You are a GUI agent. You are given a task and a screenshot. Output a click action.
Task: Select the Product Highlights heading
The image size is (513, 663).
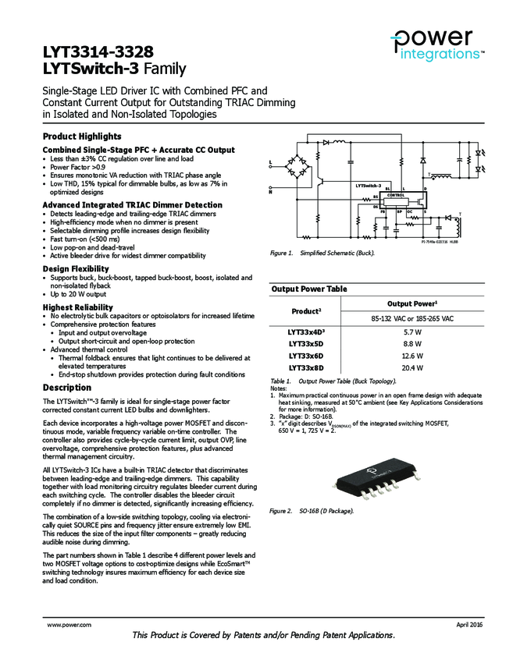[x=81, y=136]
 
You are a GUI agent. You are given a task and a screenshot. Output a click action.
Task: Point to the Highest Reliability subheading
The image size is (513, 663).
[x=77, y=307]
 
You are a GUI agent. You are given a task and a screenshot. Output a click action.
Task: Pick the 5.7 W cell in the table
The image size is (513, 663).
[x=412, y=331]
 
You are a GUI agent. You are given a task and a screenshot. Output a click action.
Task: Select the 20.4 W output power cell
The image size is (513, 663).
[x=412, y=367]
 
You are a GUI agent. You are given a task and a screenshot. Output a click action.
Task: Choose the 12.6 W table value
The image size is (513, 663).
[x=412, y=355]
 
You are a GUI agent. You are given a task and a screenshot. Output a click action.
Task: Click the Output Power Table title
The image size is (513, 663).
[x=309, y=289]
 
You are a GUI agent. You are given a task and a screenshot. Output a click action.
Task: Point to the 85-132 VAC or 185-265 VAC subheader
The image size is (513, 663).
[x=412, y=318]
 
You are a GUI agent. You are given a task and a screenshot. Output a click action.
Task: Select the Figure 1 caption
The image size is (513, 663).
[x=322, y=253]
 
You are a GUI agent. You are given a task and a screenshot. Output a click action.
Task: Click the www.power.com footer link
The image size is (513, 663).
[x=69, y=626]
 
